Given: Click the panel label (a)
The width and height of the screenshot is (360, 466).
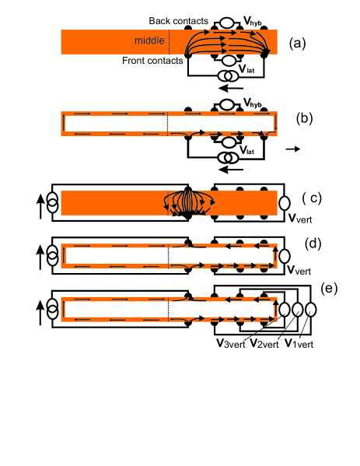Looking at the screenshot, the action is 297,44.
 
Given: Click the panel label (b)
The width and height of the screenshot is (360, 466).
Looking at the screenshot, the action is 304,118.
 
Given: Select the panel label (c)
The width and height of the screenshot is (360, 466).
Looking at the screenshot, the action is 312,198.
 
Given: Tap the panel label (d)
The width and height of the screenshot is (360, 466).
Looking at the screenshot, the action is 313,244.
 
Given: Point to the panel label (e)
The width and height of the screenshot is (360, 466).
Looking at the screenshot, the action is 329,289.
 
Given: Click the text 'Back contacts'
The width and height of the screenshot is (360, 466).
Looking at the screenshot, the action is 179,21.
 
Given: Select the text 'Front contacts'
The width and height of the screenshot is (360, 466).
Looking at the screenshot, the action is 152,61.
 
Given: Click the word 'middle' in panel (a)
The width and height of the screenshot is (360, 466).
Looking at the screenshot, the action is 149,40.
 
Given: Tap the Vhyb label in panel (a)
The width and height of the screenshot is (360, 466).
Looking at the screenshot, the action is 253,21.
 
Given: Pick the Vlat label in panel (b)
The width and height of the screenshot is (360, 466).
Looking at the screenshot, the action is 246,150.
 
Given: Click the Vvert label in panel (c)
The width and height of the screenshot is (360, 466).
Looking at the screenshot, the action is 300,219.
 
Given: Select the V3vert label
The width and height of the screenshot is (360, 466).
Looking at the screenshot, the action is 231,344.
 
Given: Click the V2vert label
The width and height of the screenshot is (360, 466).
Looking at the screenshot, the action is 264,344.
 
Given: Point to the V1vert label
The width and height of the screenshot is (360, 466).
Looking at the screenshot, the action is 299,344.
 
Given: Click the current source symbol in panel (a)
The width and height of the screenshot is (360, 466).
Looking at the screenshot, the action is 228,76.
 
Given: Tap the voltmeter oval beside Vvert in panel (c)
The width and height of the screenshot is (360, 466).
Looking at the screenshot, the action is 285,203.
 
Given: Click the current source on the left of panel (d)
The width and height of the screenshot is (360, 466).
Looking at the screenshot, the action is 53,256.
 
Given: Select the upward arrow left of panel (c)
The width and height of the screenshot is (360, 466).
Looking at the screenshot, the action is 40,207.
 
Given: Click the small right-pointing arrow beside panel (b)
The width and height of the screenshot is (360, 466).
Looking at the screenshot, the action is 293,149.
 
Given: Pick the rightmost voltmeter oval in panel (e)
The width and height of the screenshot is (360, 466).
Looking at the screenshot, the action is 310,310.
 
